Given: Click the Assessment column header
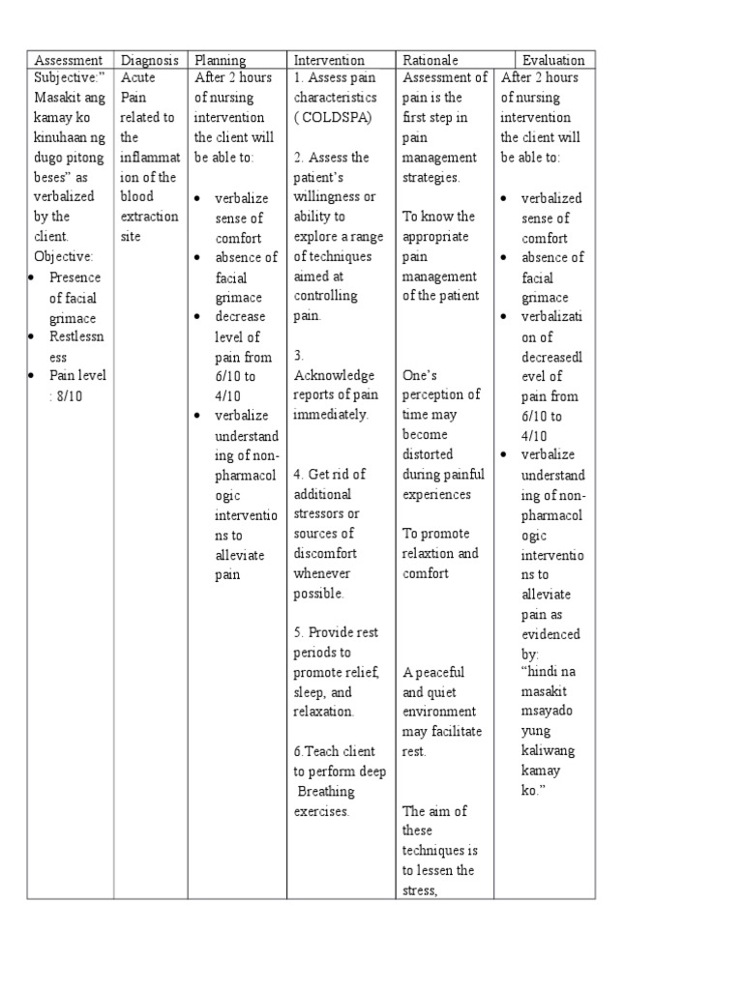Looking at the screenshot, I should click(68, 60).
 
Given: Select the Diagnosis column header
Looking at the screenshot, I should click(149, 60).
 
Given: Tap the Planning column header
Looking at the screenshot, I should click(221, 60).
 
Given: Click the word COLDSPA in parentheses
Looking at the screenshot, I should click(333, 118).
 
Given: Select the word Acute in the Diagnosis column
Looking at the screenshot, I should click(139, 77).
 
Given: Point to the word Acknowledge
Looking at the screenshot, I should click(334, 375).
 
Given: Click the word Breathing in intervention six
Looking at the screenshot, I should click(327, 791).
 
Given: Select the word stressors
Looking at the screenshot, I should click(320, 513).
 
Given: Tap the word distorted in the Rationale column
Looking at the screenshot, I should click(428, 453).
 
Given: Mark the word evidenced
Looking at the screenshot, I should click(550, 634).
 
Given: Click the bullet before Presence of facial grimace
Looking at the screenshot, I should click(32, 277).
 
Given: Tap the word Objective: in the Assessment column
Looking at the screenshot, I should click(63, 256).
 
